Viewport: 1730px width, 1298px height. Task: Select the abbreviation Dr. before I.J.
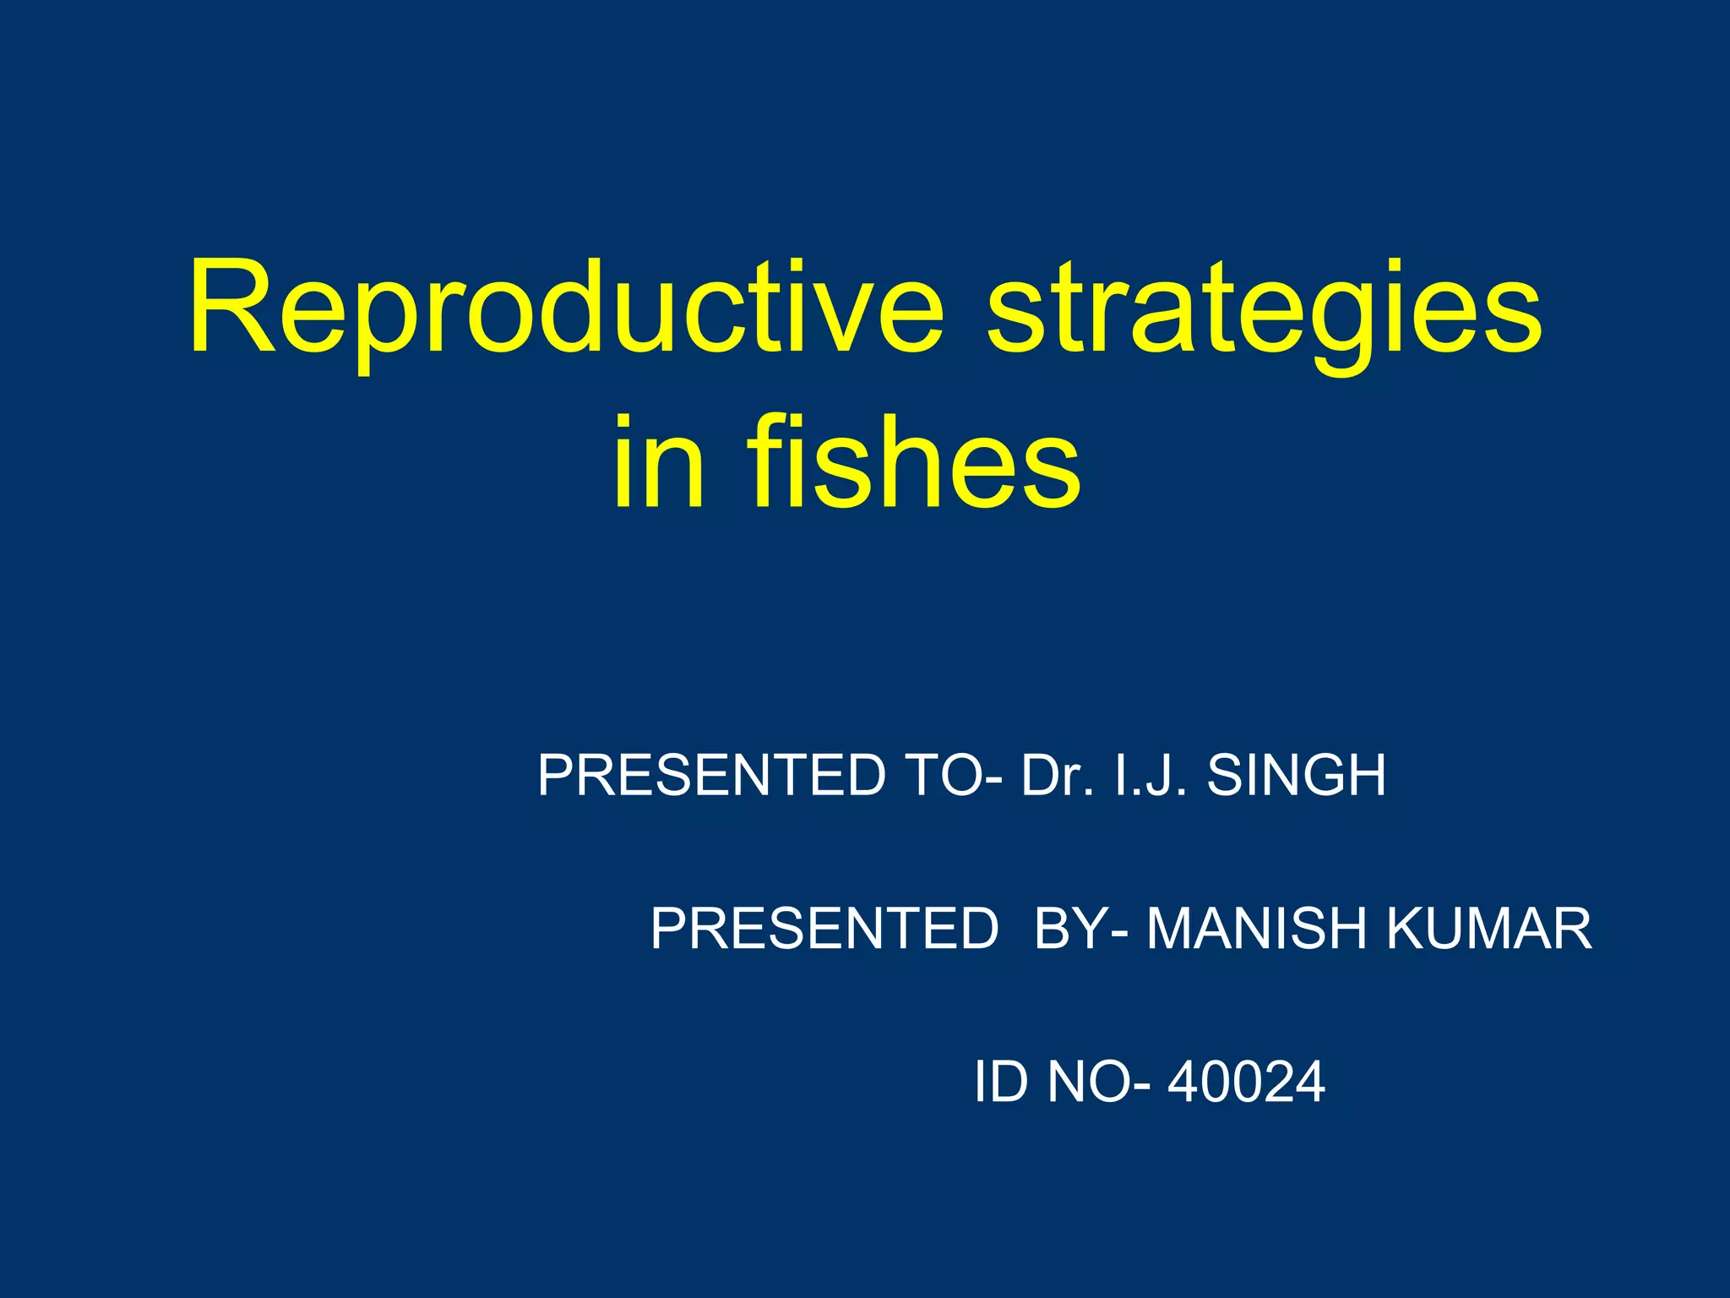(1057, 775)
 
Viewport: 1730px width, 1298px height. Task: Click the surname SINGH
(1297, 775)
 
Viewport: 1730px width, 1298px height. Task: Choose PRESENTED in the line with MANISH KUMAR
(824, 928)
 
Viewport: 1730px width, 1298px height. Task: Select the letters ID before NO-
(1001, 1081)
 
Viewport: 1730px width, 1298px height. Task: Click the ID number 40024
(1246, 1081)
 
